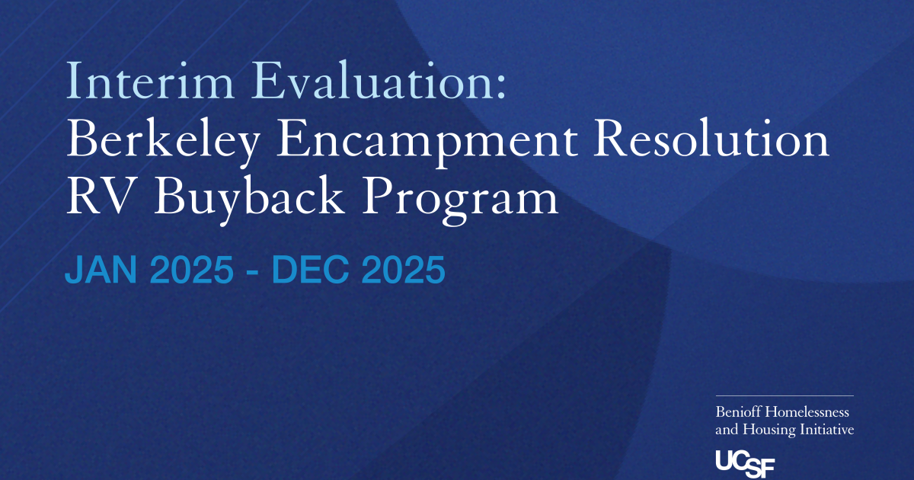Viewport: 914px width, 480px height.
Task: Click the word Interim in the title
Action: coord(150,80)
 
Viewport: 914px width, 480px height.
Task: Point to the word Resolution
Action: coord(711,138)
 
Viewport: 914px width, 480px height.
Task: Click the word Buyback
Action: coord(248,200)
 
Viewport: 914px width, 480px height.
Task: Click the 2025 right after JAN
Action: coord(192,270)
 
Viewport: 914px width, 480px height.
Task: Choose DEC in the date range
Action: coord(310,270)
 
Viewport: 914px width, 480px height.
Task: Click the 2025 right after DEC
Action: coord(403,270)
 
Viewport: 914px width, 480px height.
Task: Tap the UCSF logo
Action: coord(745,463)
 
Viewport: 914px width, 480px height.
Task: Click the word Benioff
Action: coord(738,411)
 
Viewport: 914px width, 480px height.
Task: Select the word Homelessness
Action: coord(807,411)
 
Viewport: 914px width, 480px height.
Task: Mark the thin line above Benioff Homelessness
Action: coord(785,395)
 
